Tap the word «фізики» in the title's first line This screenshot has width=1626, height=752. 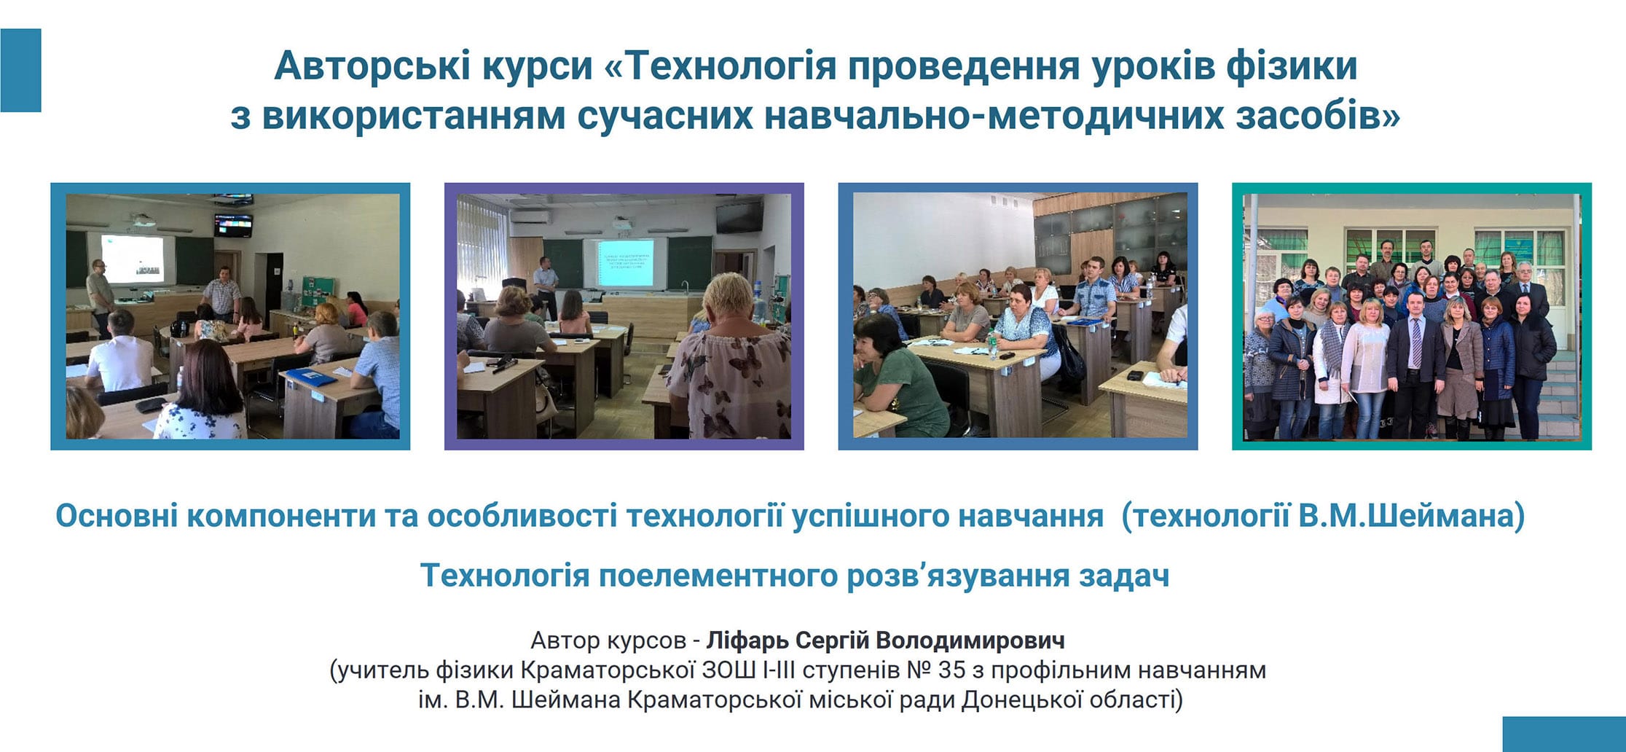1292,66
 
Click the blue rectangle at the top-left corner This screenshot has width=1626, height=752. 20,70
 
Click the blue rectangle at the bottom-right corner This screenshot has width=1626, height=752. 1564,734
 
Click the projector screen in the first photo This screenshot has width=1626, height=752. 132,259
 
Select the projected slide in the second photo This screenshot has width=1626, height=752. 625,262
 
